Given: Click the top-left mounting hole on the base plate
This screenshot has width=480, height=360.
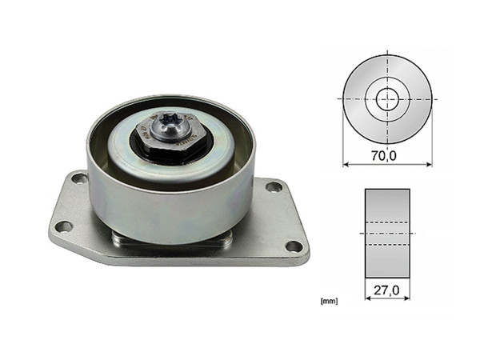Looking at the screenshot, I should (x=78, y=178).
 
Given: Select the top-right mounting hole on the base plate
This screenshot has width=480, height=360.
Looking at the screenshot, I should (x=274, y=186).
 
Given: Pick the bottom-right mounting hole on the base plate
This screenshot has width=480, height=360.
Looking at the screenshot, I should (x=294, y=246).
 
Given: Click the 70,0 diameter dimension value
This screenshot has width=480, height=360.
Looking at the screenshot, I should (x=387, y=155).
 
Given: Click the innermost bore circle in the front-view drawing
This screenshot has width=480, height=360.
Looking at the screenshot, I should (x=387, y=98).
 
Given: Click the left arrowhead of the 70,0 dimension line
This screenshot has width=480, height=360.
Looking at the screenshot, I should (x=346, y=165).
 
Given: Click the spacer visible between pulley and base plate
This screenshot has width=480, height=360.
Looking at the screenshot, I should (x=172, y=239).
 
